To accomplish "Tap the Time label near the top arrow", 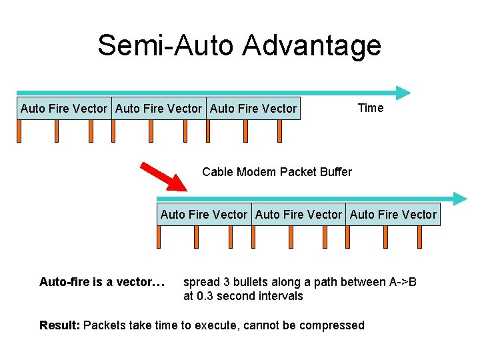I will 370,108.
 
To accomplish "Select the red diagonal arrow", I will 165,177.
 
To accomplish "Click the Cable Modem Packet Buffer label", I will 277,172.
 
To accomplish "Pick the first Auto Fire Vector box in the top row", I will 64,109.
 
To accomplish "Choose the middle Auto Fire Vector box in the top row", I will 159,109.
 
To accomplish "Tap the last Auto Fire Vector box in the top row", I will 253,109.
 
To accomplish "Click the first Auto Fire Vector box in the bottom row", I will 204,215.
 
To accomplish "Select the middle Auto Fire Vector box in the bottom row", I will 299,215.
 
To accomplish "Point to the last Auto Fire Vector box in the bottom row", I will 393,215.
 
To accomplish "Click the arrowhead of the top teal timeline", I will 404,93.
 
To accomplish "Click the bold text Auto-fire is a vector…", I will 102,282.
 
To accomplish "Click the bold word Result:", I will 60,325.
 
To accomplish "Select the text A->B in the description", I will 403,282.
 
